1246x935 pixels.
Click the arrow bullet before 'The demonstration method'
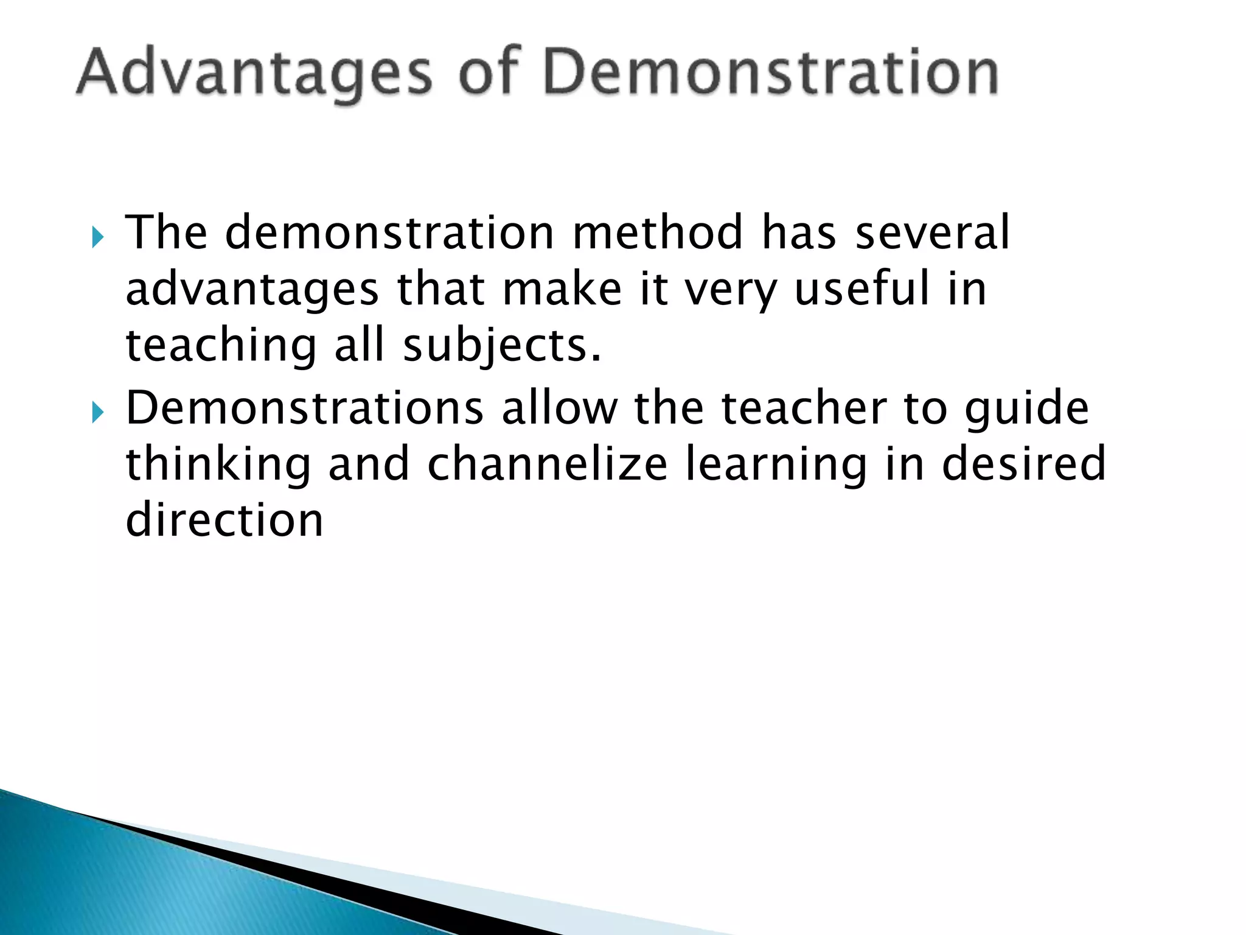pos(98,237)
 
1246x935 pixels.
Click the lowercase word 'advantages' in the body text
pos(252,289)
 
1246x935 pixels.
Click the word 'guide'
pos(1027,409)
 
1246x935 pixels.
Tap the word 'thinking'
pos(218,464)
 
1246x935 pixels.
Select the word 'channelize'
pos(548,463)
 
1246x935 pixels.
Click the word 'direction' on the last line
pos(224,520)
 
